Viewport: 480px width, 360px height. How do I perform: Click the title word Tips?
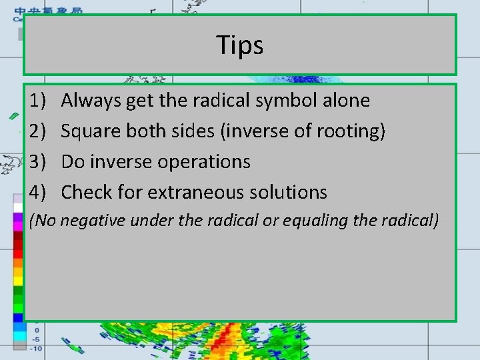[240, 45]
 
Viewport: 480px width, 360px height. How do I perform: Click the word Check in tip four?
[85, 193]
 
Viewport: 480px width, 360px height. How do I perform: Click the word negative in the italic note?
[93, 221]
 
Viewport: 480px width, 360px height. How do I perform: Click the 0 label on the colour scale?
[37, 330]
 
